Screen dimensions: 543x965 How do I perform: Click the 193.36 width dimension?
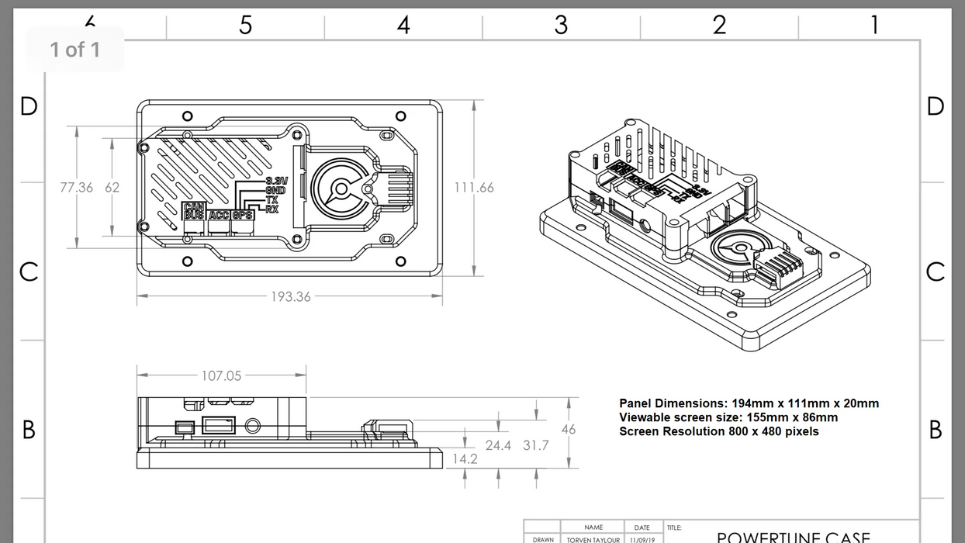pyautogui.click(x=290, y=297)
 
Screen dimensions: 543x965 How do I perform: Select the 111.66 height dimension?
pyautogui.click(x=474, y=188)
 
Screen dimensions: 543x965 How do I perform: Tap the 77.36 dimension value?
pyautogui.click(x=76, y=188)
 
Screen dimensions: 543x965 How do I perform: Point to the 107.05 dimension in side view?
pyautogui.click(x=221, y=376)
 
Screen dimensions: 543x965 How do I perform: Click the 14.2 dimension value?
pyautogui.click(x=465, y=459)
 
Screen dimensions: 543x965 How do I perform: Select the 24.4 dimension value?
pyautogui.click(x=498, y=446)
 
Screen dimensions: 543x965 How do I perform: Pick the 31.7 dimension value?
pyautogui.click(x=535, y=446)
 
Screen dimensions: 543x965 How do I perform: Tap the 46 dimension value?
pyautogui.click(x=569, y=430)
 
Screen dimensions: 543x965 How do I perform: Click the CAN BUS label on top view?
pyautogui.click(x=194, y=210)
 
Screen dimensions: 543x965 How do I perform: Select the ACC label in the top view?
pyautogui.click(x=220, y=215)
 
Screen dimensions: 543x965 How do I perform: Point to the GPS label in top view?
pyautogui.click(x=243, y=215)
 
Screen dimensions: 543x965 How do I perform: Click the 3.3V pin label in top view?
pyautogui.click(x=276, y=181)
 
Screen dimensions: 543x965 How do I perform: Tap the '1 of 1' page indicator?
pyautogui.click(x=75, y=50)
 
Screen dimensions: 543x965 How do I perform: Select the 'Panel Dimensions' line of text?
pyautogui.click(x=749, y=403)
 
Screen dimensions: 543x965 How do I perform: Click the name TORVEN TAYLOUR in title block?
pyautogui.click(x=593, y=539)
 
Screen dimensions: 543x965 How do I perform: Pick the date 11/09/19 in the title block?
pyautogui.click(x=642, y=539)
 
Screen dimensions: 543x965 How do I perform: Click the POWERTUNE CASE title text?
pyautogui.click(x=793, y=537)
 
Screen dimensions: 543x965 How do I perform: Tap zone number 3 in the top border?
pyautogui.click(x=561, y=25)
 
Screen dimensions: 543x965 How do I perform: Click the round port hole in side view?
pyautogui.click(x=253, y=426)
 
